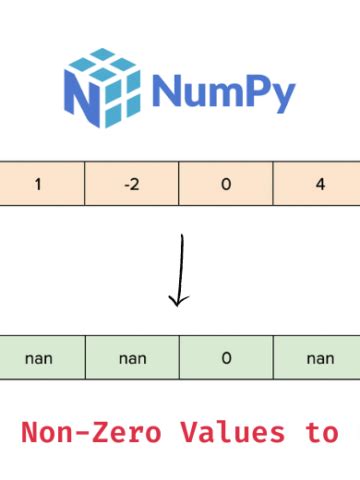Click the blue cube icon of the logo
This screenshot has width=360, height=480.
[100, 87]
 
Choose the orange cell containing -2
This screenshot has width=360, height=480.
[132, 184]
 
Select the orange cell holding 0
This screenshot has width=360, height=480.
[226, 184]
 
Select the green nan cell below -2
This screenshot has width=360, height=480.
[132, 357]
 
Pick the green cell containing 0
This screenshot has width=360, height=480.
[226, 357]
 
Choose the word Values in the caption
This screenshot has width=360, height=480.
[227, 433]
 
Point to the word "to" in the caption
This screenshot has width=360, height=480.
[323, 433]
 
